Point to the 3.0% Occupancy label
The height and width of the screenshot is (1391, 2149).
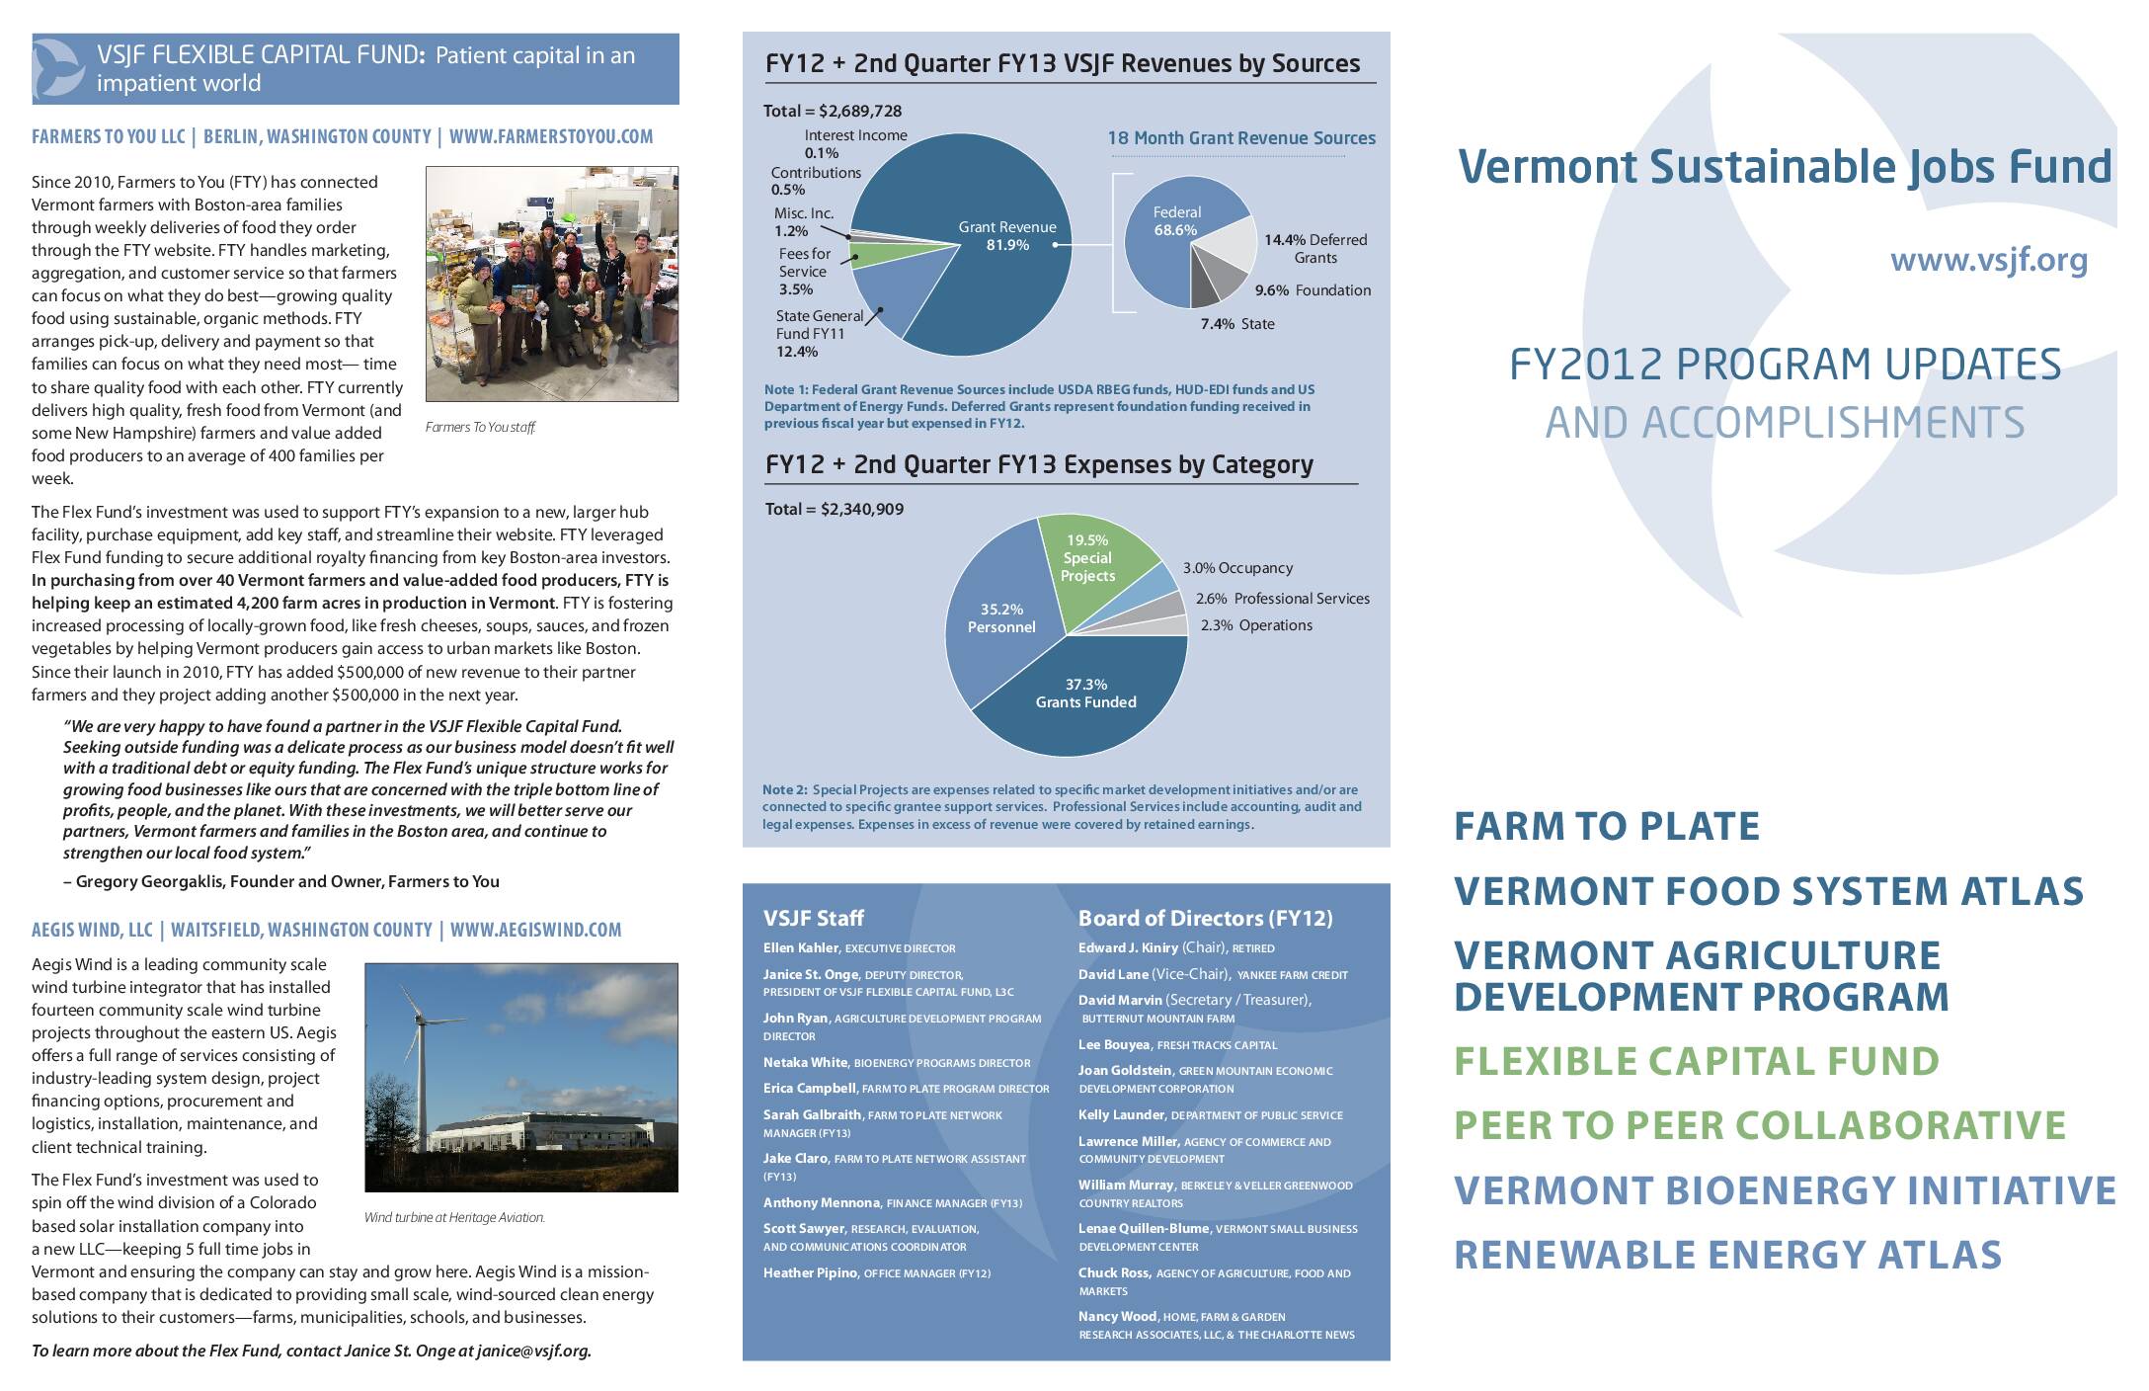click(1237, 568)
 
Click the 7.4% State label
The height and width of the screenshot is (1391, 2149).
click(1236, 324)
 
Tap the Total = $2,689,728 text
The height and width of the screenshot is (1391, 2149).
click(833, 111)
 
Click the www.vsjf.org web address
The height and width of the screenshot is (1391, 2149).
click(1988, 261)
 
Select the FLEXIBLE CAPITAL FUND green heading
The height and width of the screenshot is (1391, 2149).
click(1696, 1061)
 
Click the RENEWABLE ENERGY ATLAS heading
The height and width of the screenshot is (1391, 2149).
click(1727, 1255)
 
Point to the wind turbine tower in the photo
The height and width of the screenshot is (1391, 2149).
click(424, 1087)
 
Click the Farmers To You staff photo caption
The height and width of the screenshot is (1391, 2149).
click(480, 428)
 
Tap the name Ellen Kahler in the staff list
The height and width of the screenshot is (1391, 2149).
click(800, 947)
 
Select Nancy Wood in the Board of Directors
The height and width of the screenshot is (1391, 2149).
click(1116, 1316)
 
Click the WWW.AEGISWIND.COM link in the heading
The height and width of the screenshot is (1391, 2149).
click(535, 930)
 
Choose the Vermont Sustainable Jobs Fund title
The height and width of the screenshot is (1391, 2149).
click(1784, 166)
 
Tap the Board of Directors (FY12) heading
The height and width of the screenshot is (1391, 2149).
click(1205, 918)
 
